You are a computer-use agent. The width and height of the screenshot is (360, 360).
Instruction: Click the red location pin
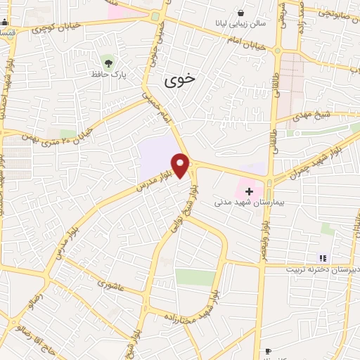tap(181, 166)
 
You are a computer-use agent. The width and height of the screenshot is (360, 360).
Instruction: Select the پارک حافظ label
tap(107, 72)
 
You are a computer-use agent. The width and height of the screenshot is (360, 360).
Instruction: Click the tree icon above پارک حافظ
tap(107, 60)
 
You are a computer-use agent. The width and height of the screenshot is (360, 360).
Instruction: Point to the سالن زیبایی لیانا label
tap(241, 23)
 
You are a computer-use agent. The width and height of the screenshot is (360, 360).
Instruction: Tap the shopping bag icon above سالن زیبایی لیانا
tap(241, 12)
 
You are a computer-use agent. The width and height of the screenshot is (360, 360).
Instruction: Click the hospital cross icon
tap(248, 191)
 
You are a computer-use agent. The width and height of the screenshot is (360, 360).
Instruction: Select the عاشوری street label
tap(110, 285)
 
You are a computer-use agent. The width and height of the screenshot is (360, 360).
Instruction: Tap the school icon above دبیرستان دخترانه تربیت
tap(323, 259)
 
